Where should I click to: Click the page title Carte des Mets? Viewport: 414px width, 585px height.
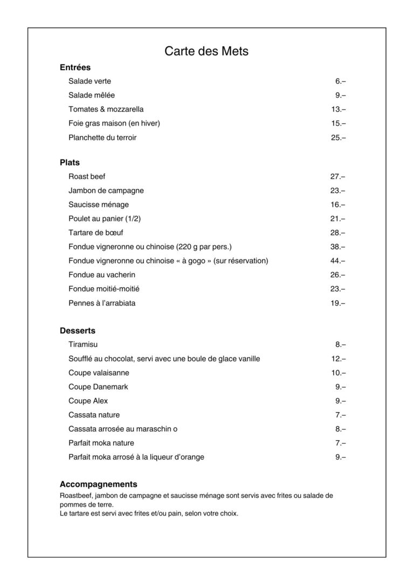[x=206, y=51]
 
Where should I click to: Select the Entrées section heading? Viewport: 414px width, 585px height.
[x=75, y=67]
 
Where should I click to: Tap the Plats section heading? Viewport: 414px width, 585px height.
[x=70, y=162]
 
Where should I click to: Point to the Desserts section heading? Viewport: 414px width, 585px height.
[x=78, y=330]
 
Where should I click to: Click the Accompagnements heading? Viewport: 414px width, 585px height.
[x=99, y=484]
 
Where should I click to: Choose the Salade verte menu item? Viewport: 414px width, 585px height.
[x=89, y=81]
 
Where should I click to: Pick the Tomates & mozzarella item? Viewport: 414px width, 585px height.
[x=106, y=109]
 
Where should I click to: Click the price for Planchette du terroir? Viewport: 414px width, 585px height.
[x=338, y=137]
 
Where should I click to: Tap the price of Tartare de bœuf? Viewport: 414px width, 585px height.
[x=338, y=233]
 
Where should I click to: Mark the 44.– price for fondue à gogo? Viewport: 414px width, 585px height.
[x=338, y=261]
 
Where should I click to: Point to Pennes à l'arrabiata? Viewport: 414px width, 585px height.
[x=102, y=303]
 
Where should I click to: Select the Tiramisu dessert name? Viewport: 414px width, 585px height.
[x=83, y=344]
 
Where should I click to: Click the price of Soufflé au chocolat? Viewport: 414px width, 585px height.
[x=338, y=359]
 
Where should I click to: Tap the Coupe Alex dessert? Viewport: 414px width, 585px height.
[x=88, y=401]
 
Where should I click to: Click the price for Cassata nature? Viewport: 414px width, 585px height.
[x=340, y=415]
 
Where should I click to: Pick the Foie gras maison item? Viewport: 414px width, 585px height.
[x=114, y=123]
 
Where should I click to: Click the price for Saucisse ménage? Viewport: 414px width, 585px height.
[x=338, y=205]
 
